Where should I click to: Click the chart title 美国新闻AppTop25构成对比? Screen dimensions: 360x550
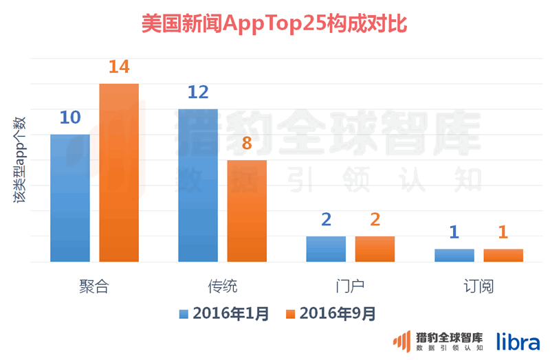click(x=274, y=24)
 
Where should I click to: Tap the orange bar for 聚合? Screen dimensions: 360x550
click(x=119, y=172)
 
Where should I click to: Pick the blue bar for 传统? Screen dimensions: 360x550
click(x=197, y=185)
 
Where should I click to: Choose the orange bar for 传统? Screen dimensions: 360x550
click(x=247, y=211)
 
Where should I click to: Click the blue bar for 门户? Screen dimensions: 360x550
click(x=326, y=249)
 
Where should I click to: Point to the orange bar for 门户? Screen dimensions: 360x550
click(x=375, y=249)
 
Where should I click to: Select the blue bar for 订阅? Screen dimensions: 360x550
click(x=454, y=255)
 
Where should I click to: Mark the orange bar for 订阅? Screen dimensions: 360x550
click(x=503, y=255)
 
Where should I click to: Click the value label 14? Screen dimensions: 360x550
click(x=119, y=67)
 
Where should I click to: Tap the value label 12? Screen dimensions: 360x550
click(x=197, y=93)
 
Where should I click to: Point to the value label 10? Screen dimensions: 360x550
click(x=69, y=118)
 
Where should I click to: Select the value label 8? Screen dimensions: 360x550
click(x=247, y=144)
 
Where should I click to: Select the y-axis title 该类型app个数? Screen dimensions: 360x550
click(x=20, y=161)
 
